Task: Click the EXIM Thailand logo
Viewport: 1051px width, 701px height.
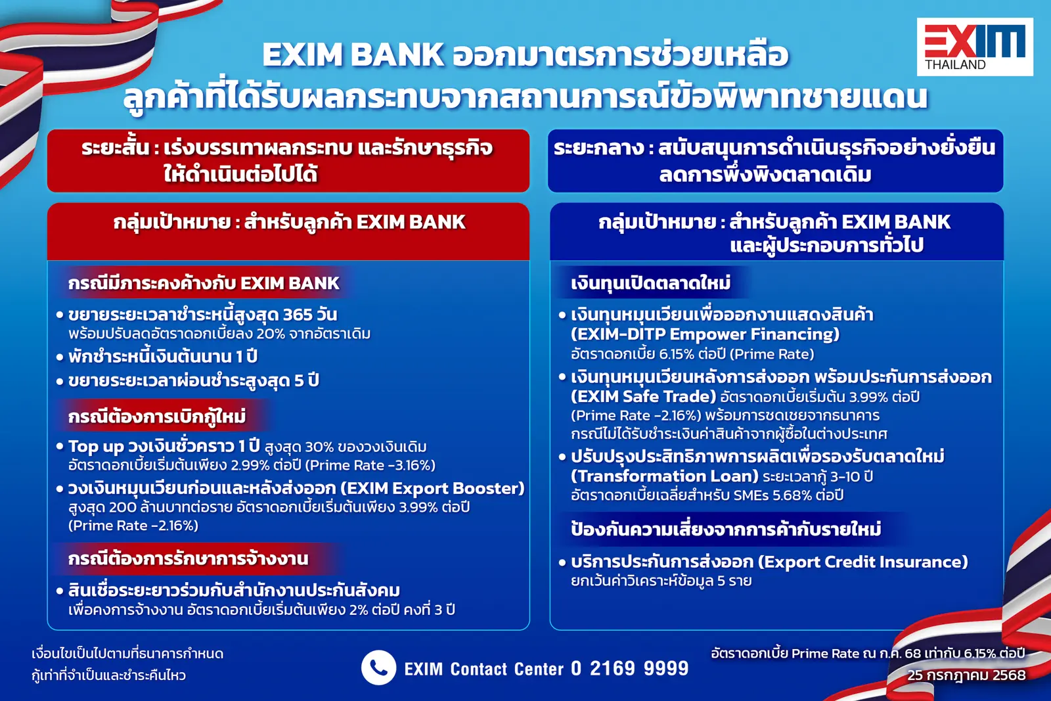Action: coord(974,47)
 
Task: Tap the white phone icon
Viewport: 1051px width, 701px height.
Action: coord(378,667)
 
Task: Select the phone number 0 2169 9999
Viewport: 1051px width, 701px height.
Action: coord(629,669)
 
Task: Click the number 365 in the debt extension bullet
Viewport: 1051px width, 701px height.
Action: coord(298,315)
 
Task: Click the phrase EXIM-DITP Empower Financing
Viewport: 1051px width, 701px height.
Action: coord(705,334)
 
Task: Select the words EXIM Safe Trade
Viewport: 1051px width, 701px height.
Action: coord(643,396)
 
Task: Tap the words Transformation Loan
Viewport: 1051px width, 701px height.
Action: coord(664,476)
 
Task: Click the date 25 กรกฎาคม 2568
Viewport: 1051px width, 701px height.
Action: coord(966,675)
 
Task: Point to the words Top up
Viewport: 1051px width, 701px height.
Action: coord(96,447)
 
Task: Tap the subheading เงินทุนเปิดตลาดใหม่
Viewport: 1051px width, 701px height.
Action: coord(650,283)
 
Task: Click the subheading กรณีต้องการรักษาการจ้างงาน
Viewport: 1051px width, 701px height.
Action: coord(188,559)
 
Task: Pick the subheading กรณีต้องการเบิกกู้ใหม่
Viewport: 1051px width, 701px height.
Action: coord(157,417)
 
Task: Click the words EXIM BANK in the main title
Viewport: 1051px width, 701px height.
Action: coord(353,55)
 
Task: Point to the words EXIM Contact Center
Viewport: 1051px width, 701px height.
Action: coord(483,669)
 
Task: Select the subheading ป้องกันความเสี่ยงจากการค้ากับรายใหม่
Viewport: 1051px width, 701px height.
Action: coord(725,530)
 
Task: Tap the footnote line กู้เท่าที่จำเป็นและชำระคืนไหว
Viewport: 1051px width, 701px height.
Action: coord(108,675)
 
